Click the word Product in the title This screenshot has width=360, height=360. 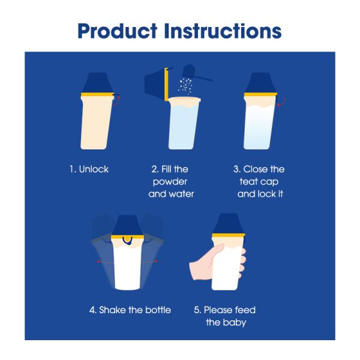point(118,31)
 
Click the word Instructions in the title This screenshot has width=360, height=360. point(223,31)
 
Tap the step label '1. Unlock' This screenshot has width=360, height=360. point(89,169)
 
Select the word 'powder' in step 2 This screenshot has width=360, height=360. point(170,182)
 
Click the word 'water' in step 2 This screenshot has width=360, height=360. point(181,194)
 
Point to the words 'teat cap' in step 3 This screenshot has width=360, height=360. point(259,182)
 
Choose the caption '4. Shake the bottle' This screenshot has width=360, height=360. point(130,310)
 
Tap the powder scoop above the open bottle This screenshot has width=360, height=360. point(195,73)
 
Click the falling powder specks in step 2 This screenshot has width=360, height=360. point(185,86)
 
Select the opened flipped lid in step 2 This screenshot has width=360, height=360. point(157,84)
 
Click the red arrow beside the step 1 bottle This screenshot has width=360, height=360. point(118,101)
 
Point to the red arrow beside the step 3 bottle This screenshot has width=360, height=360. point(282,101)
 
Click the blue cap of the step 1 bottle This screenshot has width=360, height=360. point(98,83)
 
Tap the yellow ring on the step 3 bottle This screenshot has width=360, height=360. point(260,94)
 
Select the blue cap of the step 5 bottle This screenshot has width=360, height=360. point(228,224)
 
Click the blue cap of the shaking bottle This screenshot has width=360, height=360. point(128,225)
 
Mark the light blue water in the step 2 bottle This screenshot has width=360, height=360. point(183,127)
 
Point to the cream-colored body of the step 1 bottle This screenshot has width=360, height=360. point(97,123)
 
